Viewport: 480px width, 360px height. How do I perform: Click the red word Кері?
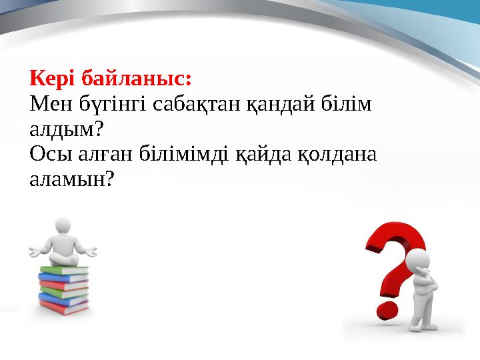[x=52, y=79]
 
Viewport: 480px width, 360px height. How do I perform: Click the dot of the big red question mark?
[x=390, y=308]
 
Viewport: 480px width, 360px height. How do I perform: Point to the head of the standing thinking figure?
[x=418, y=261]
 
